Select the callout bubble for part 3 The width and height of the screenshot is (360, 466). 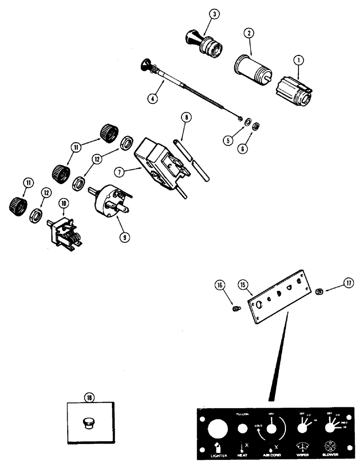pyautogui.click(x=214, y=15)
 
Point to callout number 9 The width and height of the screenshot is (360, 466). pyautogui.click(x=125, y=237)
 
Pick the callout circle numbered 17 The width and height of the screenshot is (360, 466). pyautogui.click(x=349, y=282)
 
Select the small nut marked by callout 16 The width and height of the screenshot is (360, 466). pyautogui.click(x=236, y=308)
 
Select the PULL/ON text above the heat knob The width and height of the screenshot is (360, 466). pyautogui.click(x=242, y=413)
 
